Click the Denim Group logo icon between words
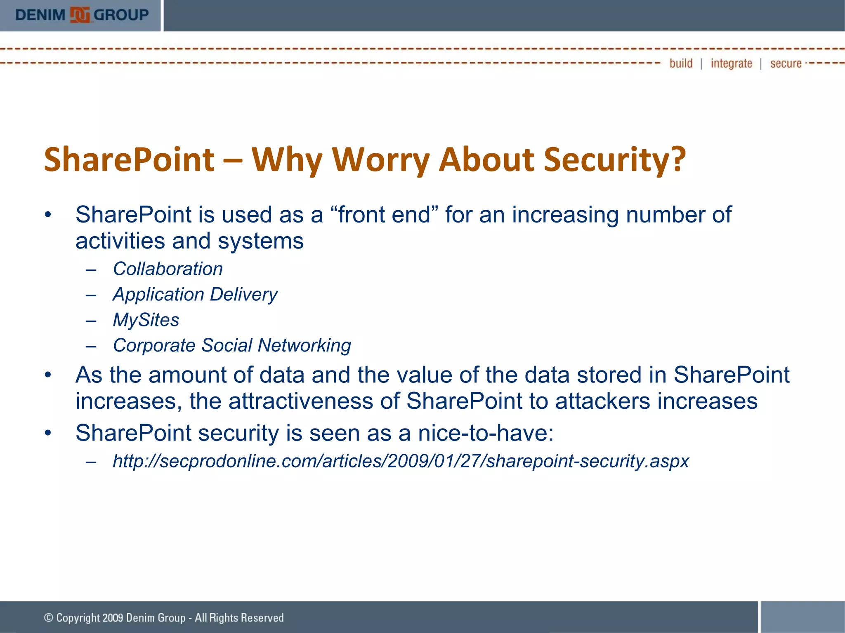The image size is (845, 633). pyautogui.click(x=80, y=15)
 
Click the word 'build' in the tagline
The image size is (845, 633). pyautogui.click(x=681, y=63)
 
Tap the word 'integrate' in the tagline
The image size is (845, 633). pyautogui.click(x=731, y=63)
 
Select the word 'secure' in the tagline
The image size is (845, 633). pyautogui.click(x=786, y=63)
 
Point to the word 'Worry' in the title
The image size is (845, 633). pyautogui.click(x=380, y=160)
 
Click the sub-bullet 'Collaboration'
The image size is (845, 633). pyautogui.click(x=168, y=269)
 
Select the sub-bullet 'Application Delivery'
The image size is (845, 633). pyautogui.click(x=195, y=295)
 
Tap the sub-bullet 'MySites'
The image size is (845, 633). pyautogui.click(x=146, y=320)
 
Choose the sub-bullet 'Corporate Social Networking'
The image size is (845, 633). pyautogui.click(x=232, y=345)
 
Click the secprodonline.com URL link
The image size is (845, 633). pyautogui.click(x=401, y=461)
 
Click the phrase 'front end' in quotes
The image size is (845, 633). pyautogui.click(x=384, y=215)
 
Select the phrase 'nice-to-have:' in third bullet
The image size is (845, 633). pyautogui.click(x=486, y=433)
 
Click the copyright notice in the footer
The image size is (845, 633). pyautogui.click(x=164, y=618)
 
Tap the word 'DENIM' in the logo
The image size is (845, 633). pyautogui.click(x=40, y=15)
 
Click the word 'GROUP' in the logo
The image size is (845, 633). pyautogui.click(x=121, y=15)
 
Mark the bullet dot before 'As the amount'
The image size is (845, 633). pyautogui.click(x=48, y=375)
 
